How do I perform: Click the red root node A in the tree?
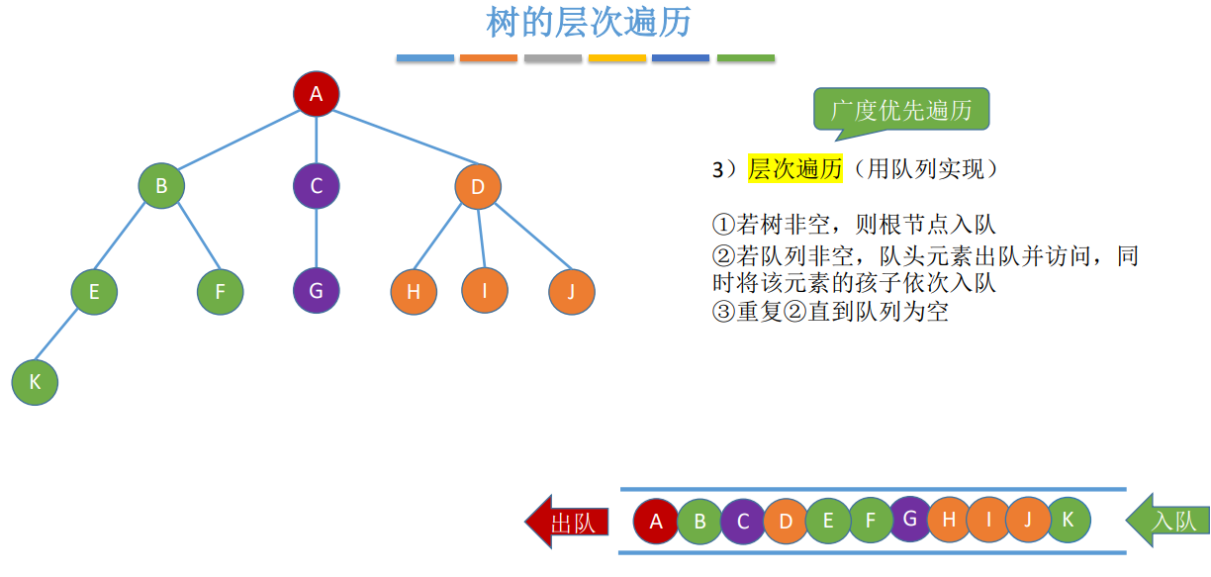coord(317,94)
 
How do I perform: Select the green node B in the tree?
coord(161,185)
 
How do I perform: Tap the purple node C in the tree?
coord(317,185)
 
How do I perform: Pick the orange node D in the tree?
coord(478,186)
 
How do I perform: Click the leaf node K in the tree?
coord(36,382)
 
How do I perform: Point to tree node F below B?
coord(220,291)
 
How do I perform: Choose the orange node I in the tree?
coord(485,290)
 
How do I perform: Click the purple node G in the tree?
coord(317,291)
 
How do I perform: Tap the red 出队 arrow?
coord(562,521)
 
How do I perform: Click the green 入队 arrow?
coord(1168,521)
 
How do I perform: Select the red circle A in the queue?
coord(656,521)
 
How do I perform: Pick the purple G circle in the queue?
coord(910,518)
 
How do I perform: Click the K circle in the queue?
coord(1068,519)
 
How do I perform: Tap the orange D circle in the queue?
coord(786,521)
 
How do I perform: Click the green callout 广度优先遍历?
coord(901,110)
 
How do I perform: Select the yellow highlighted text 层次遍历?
coord(794,169)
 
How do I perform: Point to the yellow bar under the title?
coord(617,58)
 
